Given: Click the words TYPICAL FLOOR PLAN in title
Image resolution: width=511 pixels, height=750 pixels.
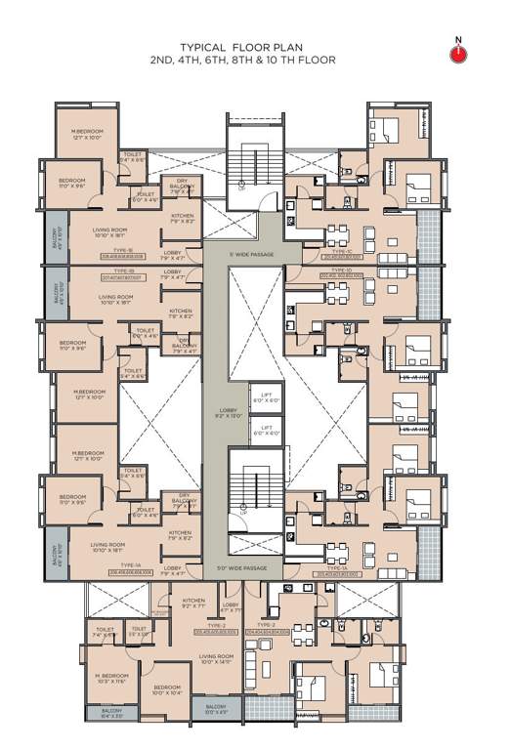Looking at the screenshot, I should (x=241, y=46).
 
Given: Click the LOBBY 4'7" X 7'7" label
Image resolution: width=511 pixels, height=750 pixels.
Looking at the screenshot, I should (x=232, y=606).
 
